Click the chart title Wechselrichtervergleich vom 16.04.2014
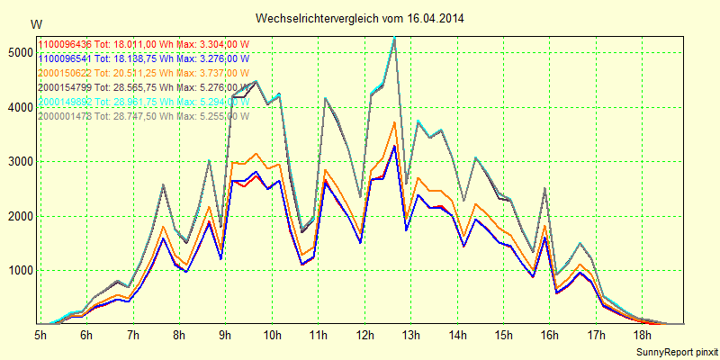point(360,18)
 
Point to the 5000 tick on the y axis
point(18,53)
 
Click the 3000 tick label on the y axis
point(18,162)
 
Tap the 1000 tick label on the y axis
point(18,271)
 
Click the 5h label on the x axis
point(40,335)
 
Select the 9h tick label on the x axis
point(226,335)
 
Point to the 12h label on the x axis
point(364,335)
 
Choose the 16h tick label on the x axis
point(549,335)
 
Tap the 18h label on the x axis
point(642,335)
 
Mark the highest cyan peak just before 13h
point(394,37)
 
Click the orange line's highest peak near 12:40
point(394,122)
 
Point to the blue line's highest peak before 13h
point(394,146)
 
